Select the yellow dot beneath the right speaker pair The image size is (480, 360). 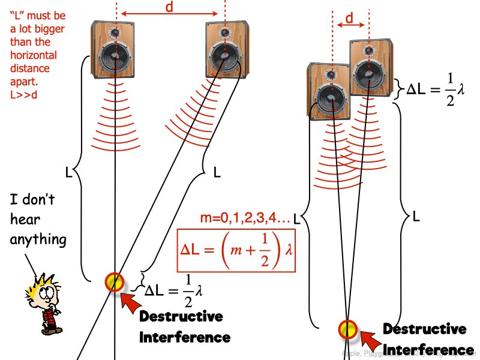click(347, 328)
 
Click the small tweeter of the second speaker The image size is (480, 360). click(224, 31)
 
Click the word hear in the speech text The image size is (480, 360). click(26, 220)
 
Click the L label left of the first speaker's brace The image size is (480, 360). click(70, 173)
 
